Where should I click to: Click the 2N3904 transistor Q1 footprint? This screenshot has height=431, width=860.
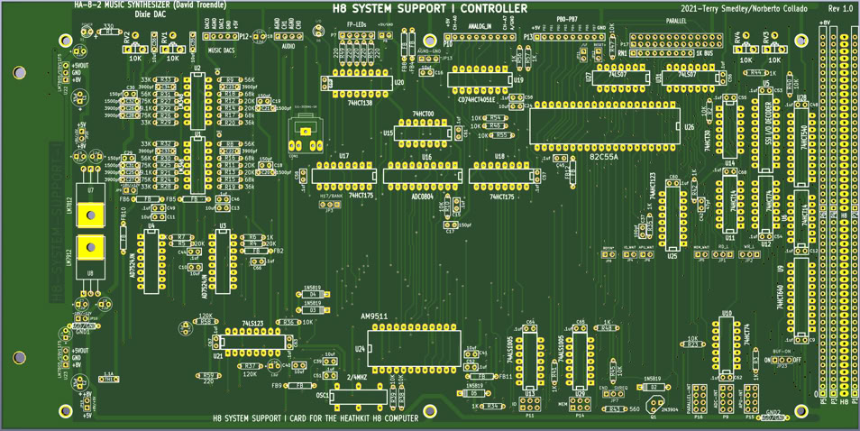click(655, 403)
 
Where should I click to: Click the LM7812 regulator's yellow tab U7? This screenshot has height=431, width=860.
click(90, 215)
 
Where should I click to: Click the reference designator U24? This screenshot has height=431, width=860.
click(360, 348)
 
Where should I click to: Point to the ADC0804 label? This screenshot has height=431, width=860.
click(423, 195)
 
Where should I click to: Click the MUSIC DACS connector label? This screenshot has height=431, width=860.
click(221, 50)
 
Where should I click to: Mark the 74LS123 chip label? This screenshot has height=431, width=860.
click(253, 323)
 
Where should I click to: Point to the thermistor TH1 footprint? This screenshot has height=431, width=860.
click(108, 380)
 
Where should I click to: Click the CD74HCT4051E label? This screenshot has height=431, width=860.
click(480, 100)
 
